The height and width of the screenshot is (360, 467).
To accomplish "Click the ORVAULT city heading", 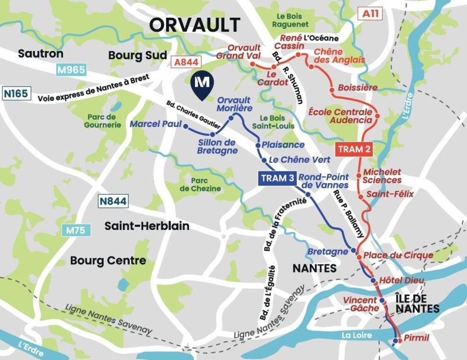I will (195, 25).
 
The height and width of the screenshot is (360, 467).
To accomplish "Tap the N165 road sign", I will (16, 93).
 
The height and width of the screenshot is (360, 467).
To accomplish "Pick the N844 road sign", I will (113, 202).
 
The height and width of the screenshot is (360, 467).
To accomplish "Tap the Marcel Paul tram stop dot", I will (185, 126).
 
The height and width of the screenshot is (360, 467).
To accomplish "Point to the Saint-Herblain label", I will (147, 226).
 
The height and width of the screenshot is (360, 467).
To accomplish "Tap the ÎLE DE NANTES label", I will (417, 303).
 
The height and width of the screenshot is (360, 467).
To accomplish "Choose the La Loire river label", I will (356, 335).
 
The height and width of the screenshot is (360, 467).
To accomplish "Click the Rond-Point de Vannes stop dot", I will (308, 194).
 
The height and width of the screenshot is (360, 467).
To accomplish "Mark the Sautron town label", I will (41, 54).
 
